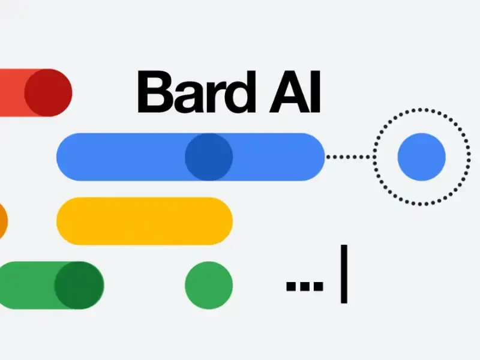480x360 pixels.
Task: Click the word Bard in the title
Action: [196, 92]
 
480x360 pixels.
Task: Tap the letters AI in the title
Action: [295, 92]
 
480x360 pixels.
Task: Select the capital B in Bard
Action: [155, 92]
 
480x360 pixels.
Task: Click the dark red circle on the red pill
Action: [48, 93]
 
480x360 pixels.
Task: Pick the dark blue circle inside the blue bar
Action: [209, 157]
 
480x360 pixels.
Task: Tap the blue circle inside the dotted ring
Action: [421, 157]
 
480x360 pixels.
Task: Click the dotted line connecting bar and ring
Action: [350, 157]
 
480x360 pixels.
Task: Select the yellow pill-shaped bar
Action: [145, 221]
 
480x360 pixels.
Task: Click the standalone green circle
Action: [209, 286]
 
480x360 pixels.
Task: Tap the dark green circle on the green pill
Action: [79, 286]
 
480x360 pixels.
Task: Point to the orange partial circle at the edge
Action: [2, 221]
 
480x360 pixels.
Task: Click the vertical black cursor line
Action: [344, 274]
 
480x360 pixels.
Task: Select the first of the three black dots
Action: [290, 286]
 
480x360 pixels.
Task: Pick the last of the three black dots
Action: [319, 286]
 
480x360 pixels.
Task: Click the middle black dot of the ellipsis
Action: [305, 286]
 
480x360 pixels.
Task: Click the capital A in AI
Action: [289, 92]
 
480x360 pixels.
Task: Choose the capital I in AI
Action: [316, 92]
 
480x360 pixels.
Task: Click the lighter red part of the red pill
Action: [12, 93]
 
